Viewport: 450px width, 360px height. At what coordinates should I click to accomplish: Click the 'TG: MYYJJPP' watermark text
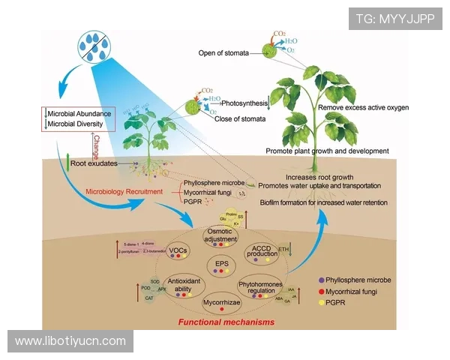coord(394,18)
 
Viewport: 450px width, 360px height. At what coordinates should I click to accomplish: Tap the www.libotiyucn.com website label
coord(70,341)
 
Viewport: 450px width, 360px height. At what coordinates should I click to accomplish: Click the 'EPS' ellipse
coord(220,264)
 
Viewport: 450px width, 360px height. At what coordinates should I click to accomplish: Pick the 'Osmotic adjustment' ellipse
coord(221,238)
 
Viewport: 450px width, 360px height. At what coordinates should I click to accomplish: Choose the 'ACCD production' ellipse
coord(261,253)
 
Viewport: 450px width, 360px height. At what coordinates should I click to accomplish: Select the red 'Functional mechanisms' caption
coord(225,322)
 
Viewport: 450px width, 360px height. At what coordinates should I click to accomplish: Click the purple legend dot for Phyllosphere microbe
coord(322,280)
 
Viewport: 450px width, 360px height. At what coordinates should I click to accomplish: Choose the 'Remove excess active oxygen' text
coord(364,108)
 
